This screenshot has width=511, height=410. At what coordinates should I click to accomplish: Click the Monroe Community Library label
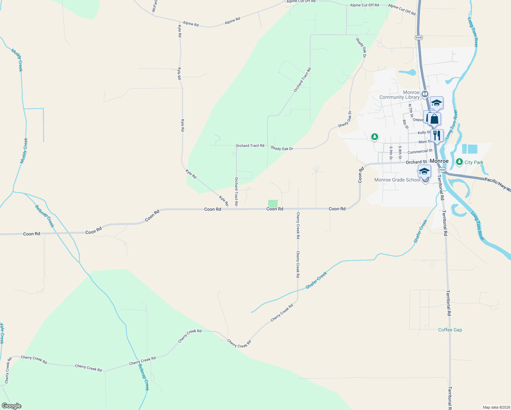[x=399, y=95]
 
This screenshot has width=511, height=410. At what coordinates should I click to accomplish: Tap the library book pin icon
[x=425, y=94]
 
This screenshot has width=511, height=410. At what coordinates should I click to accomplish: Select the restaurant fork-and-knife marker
[x=437, y=135]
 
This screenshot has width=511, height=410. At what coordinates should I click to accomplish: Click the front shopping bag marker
[x=434, y=119]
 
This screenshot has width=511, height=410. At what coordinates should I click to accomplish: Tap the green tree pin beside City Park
[x=459, y=162]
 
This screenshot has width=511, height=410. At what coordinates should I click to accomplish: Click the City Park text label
[x=474, y=162]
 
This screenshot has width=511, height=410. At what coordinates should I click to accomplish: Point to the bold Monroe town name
[x=439, y=161]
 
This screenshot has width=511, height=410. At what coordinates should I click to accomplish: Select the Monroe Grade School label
[x=397, y=180]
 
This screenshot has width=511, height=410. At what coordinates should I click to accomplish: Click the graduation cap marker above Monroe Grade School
[x=424, y=171]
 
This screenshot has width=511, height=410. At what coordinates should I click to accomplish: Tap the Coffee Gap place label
[x=450, y=330]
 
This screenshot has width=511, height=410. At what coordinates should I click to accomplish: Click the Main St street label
[x=425, y=142]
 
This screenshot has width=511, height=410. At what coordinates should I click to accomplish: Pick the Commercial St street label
[x=420, y=151]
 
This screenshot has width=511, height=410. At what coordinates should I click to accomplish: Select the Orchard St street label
[x=416, y=162]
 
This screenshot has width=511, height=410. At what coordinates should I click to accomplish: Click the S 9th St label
[x=391, y=153]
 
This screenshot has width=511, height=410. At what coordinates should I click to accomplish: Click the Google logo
[x=11, y=406]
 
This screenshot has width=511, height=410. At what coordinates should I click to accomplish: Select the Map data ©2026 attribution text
[x=496, y=407]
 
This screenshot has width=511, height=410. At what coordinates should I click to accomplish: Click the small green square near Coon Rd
[x=273, y=203]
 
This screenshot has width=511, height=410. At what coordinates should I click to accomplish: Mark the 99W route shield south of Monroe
[x=442, y=170]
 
